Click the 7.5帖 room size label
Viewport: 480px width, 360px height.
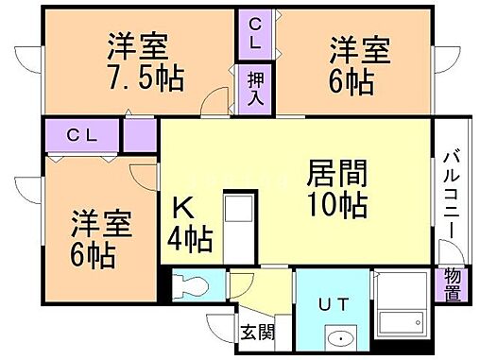(x=146, y=77)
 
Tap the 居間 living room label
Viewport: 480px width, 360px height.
(x=337, y=173)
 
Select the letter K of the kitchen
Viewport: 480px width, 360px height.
(x=183, y=209)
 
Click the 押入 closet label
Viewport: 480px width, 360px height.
(x=255, y=89)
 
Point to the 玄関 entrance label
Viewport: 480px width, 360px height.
(x=257, y=332)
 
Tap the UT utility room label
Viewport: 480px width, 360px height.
(x=334, y=304)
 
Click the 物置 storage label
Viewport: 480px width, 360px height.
(x=453, y=285)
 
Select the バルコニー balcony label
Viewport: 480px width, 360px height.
(x=452, y=195)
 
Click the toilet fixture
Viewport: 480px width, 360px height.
(x=191, y=285)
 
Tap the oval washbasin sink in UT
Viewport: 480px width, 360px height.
(x=341, y=339)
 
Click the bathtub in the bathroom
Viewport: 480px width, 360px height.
(x=401, y=323)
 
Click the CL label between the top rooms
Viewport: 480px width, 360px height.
(x=255, y=34)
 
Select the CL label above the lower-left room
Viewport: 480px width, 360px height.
(x=82, y=136)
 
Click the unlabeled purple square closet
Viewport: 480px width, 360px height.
(x=140, y=135)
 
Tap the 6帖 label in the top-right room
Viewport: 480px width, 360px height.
(x=351, y=81)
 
